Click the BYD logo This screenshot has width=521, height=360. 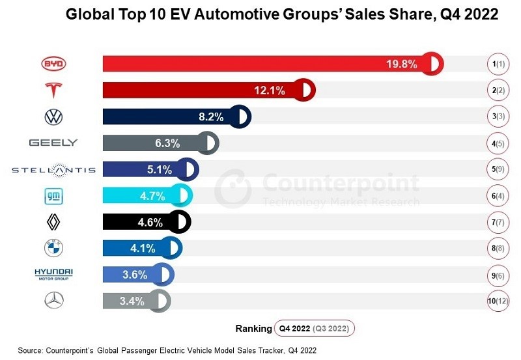coord(53,64)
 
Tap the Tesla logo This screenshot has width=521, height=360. coord(53,90)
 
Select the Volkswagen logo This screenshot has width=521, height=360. coord(53,117)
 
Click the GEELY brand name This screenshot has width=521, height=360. coord(53,143)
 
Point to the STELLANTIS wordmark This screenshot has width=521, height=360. coord(53,170)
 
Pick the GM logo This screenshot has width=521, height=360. coord(53,195)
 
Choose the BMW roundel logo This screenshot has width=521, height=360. coord(53,248)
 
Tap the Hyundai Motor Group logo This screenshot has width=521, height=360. coord(53,274)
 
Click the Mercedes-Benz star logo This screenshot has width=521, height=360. coord(53,301)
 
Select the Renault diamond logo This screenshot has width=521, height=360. coord(53,223)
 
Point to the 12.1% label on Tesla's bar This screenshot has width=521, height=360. coord(269,90)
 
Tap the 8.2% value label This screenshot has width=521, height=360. coord(210,117)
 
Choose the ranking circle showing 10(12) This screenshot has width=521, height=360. coord(498,301)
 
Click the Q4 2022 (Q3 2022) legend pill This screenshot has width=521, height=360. coord(314,328)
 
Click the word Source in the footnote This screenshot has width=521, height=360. coord(30,350)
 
